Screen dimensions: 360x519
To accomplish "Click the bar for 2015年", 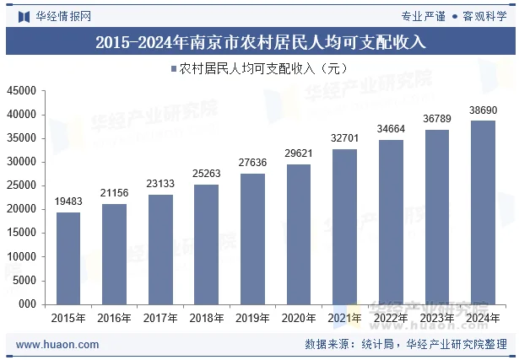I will point(68,258).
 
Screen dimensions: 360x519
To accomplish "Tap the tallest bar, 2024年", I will point(483,212).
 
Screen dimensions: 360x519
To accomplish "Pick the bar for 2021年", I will point(344,227).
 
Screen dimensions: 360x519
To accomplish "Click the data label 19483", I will point(68,201).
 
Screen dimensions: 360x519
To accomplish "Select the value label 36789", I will point(436,119).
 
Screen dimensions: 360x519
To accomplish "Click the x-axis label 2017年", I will point(160,318).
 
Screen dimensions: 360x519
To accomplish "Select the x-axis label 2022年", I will point(391,318).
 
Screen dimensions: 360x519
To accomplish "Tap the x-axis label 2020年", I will point(299,318).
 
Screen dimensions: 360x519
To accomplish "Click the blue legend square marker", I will point(174,67).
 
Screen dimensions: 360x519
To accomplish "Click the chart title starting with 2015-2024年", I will point(260,41).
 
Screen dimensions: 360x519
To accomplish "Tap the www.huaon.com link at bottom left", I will point(57,344).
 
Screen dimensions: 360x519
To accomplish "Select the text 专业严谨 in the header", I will point(422,15).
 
